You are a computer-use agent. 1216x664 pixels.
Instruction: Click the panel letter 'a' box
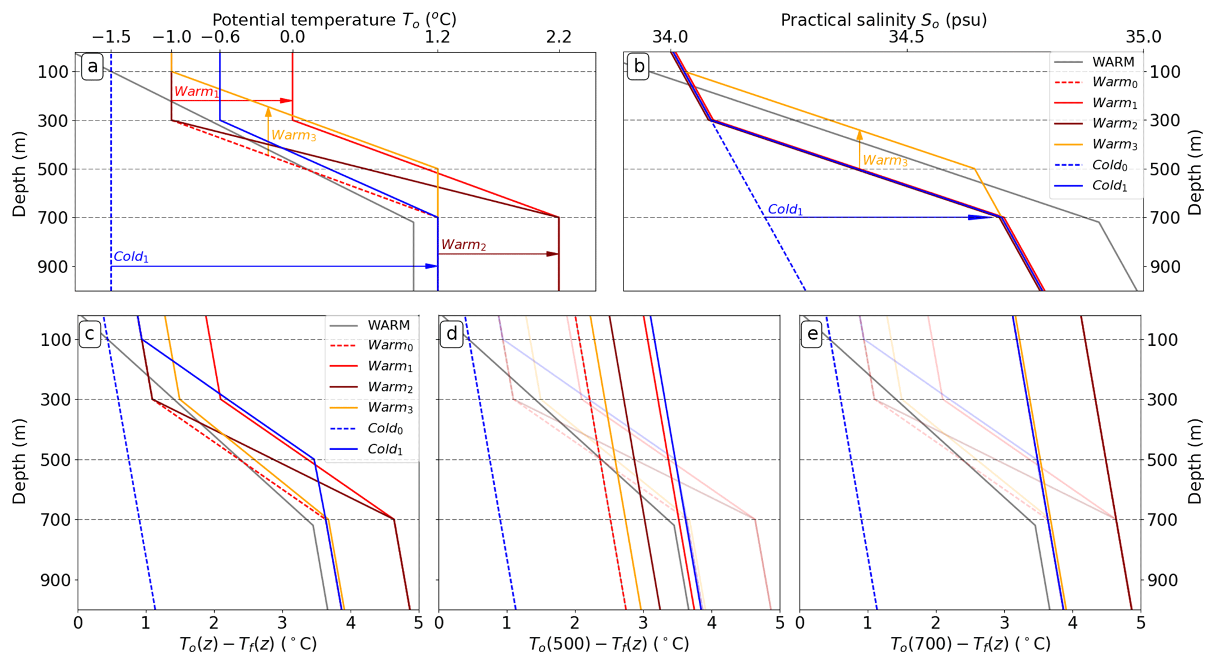click(x=92, y=66)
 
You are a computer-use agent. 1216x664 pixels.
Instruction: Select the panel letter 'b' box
click(x=638, y=66)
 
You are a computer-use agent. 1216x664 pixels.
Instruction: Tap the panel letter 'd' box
click(x=451, y=334)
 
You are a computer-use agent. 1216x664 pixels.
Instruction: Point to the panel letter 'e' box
click(x=812, y=334)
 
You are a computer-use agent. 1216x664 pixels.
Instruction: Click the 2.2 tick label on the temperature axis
click(x=558, y=37)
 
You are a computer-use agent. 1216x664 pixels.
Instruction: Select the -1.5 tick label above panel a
click(x=111, y=37)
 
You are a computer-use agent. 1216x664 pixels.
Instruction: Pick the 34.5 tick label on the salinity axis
click(x=906, y=37)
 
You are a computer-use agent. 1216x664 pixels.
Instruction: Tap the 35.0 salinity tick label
click(x=1143, y=37)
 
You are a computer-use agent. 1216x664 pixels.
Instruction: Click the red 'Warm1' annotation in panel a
click(x=196, y=91)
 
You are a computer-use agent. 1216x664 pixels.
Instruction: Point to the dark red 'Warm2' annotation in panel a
click(x=464, y=245)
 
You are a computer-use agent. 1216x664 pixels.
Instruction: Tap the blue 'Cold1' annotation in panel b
click(x=785, y=209)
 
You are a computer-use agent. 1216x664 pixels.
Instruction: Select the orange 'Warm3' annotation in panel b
click(x=885, y=160)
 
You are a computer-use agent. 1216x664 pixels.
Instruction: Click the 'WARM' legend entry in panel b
click(x=1112, y=62)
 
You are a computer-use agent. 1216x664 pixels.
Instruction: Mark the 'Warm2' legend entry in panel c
click(x=389, y=387)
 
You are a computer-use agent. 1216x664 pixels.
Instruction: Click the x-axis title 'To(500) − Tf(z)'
click(x=609, y=645)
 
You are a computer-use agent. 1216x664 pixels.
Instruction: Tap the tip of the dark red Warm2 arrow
click(x=557, y=254)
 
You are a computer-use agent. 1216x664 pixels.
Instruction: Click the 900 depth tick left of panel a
click(x=54, y=266)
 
